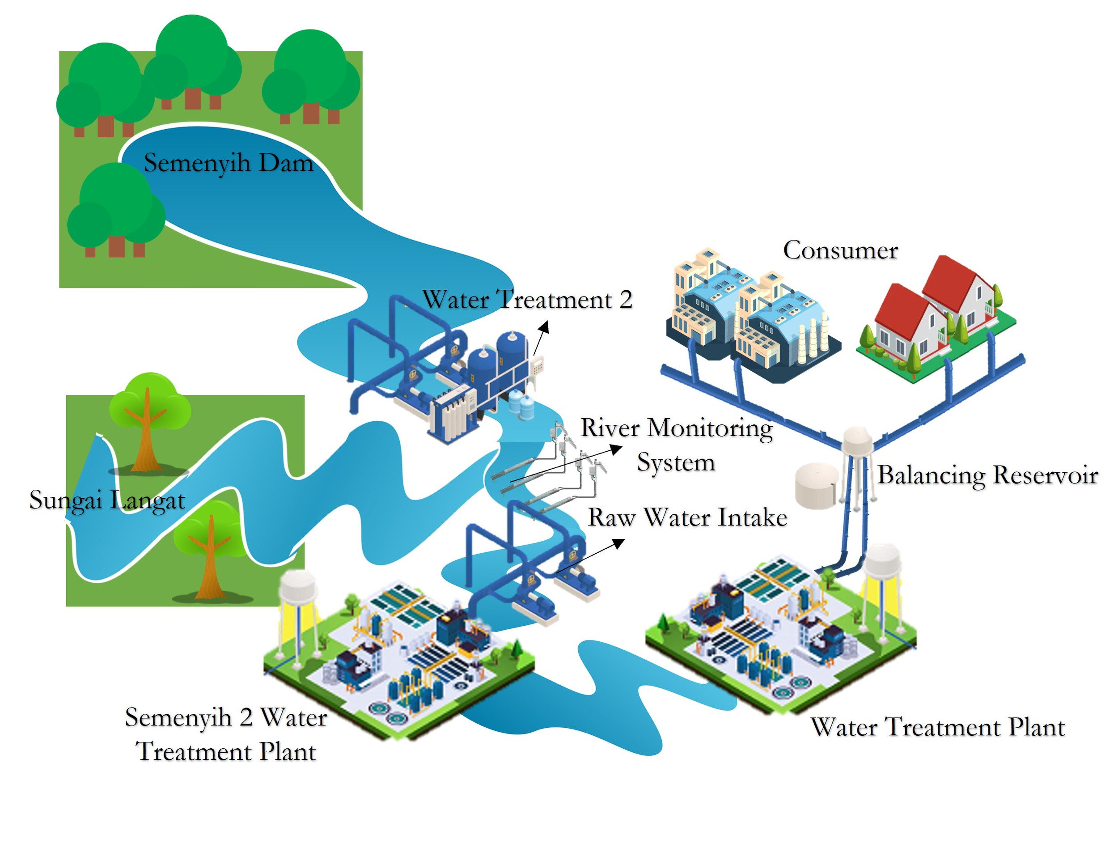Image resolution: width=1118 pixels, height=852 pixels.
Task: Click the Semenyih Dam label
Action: (228, 163)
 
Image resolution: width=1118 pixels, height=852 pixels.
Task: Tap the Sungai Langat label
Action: (107, 500)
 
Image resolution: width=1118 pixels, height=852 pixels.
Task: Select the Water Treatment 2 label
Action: (527, 300)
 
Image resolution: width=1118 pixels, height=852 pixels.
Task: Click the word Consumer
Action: (840, 250)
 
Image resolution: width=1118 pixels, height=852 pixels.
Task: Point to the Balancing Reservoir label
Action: (987, 475)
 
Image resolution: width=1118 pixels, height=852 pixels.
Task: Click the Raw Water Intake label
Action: (687, 518)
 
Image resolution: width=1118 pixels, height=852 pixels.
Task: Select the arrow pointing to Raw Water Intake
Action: (591, 555)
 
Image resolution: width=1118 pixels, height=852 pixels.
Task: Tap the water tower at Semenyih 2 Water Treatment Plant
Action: (298, 588)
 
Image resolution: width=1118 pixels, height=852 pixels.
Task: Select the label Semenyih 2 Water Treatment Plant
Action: (226, 734)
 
